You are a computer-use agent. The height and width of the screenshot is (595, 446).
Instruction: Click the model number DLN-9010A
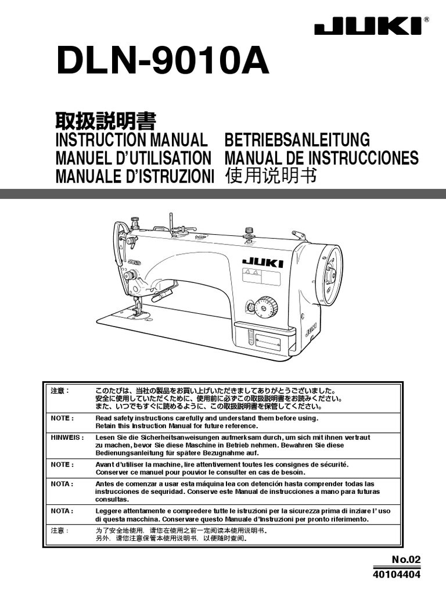162,61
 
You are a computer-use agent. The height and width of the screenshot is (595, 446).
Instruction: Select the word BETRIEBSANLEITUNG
297,139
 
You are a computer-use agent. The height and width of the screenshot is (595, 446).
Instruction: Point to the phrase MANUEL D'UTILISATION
133,157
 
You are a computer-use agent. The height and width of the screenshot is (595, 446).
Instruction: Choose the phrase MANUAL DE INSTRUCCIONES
321,157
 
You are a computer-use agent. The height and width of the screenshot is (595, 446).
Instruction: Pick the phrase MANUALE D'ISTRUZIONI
135,175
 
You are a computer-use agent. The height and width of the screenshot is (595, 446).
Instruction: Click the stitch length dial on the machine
265,306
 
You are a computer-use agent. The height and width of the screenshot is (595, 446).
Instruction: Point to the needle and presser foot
138,307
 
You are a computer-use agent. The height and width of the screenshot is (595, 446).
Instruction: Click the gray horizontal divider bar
223,194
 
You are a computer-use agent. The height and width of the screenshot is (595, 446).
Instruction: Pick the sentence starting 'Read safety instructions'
207,418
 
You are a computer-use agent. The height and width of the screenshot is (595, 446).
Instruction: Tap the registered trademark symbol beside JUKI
427,19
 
